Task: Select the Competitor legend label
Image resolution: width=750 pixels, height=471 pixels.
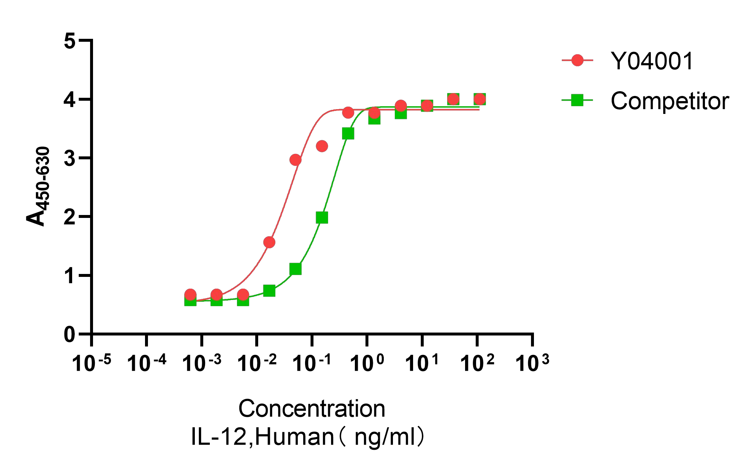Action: pyautogui.click(x=670, y=101)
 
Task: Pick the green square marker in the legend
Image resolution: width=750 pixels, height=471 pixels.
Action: pyautogui.click(x=578, y=100)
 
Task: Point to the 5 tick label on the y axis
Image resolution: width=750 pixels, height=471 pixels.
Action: pyautogui.click(x=69, y=41)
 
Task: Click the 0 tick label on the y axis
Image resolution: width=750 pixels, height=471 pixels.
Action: pyautogui.click(x=69, y=334)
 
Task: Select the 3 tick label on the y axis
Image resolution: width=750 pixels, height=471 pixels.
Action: pyautogui.click(x=69, y=159)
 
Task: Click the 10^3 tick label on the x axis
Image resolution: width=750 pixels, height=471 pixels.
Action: pyautogui.click(x=532, y=363)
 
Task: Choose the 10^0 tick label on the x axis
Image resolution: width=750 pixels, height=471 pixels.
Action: pyautogui.click(x=367, y=363)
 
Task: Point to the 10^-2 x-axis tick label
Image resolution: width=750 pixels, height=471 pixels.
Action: pyautogui.click(x=257, y=363)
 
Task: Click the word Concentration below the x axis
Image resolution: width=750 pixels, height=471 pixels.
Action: pyautogui.click(x=312, y=409)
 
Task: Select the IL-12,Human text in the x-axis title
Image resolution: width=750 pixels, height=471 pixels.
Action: pyautogui.click(x=262, y=437)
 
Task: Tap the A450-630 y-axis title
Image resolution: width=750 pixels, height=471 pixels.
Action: pyautogui.click(x=37, y=187)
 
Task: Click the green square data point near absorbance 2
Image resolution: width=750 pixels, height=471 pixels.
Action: pyautogui.click(x=322, y=218)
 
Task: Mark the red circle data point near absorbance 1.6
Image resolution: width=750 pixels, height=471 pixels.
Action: pyautogui.click(x=269, y=242)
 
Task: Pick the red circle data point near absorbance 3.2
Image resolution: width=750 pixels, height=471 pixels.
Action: pyautogui.click(x=322, y=146)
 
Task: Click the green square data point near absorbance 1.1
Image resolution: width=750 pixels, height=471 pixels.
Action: pyautogui.click(x=295, y=269)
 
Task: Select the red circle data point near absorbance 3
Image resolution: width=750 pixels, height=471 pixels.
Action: pyautogui.click(x=295, y=160)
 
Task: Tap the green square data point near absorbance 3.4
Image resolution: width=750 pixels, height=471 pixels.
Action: pyautogui.click(x=348, y=134)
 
